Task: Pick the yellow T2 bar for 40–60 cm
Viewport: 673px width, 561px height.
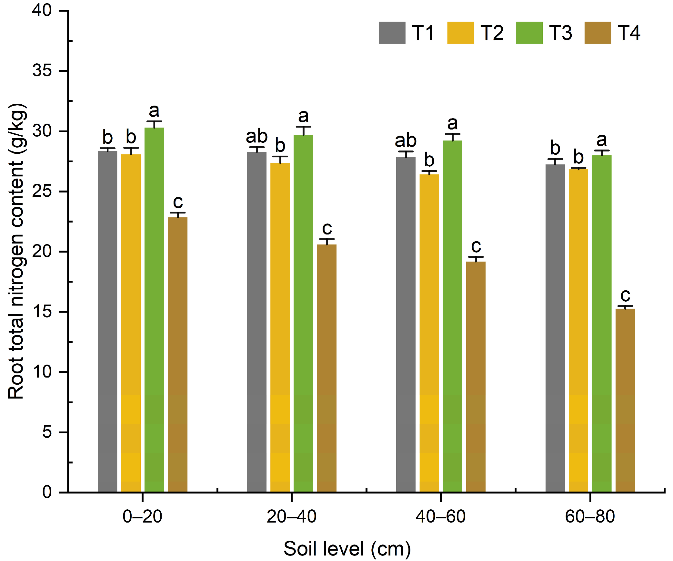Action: tap(429, 333)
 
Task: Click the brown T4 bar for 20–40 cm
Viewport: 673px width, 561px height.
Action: tap(326, 368)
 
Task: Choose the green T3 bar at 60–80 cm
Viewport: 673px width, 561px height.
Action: tap(602, 323)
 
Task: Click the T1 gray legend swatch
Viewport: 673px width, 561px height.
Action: tap(392, 33)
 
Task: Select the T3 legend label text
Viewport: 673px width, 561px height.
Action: tap(561, 33)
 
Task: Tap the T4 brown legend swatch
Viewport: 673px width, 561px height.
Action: tap(598, 33)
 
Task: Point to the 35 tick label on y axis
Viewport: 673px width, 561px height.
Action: tap(42, 70)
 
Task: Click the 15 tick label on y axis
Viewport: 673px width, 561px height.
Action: tap(42, 312)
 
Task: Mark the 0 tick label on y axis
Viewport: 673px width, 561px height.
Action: tap(47, 492)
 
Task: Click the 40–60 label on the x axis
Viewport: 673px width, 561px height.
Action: tap(440, 516)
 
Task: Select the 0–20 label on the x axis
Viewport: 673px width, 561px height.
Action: tap(142, 516)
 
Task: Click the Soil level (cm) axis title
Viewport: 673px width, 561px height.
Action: tap(347, 549)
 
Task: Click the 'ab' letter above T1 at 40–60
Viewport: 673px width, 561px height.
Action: tap(406, 140)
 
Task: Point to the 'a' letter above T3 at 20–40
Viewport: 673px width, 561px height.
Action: tap(303, 116)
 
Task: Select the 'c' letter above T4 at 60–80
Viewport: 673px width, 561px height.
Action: tap(625, 295)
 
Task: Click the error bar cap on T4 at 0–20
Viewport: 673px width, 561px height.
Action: tap(177, 213)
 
